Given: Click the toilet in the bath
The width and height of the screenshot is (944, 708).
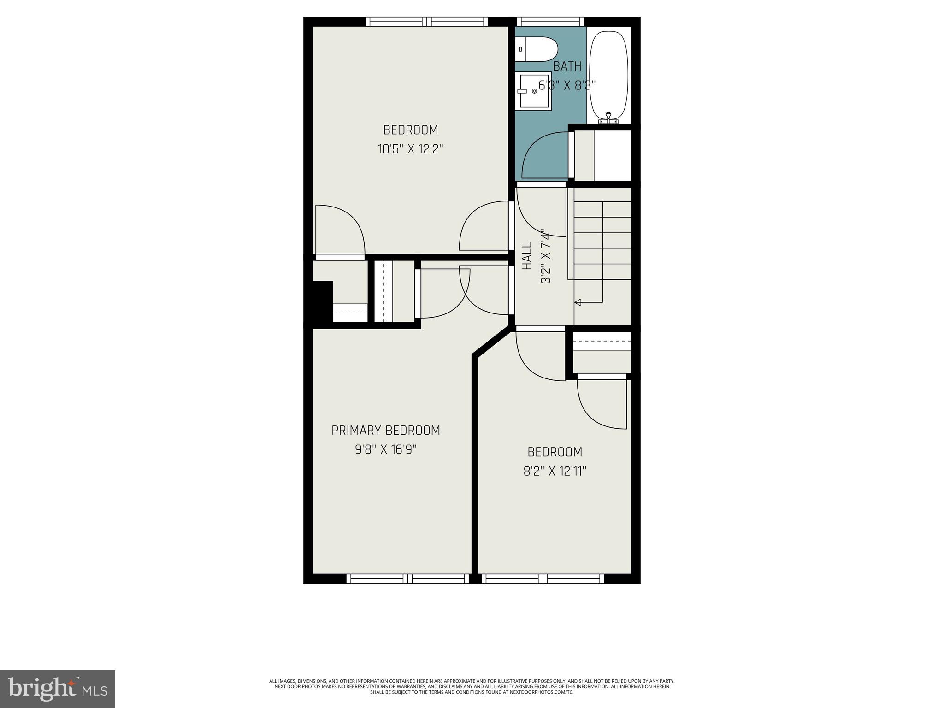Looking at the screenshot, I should coord(537,49).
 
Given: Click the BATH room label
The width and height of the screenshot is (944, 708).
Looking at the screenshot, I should coord(567,66).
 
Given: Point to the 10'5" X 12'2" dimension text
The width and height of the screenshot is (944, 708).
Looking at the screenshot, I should coord(410,149).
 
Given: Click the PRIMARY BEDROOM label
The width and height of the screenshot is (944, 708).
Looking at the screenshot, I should coord(386,431).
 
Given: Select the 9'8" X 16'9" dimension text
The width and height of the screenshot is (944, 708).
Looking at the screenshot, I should coord(386,449).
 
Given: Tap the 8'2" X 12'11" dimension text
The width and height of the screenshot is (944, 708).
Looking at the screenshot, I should coord(555,471).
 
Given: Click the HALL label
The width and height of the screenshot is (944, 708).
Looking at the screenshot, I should coord(527,256).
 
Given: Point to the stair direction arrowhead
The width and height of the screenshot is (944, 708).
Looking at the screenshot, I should coord(577,302).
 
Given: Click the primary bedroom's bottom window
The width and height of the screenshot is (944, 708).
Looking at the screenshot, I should coord(407,578).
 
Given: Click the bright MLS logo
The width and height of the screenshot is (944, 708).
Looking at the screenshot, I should coord(57,689).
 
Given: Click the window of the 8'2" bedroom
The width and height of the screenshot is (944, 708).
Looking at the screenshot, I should coord(543,578).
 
